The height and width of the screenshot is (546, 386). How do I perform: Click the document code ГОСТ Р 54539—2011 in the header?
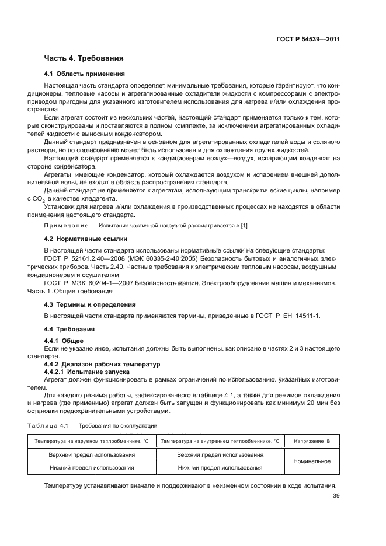(309, 40)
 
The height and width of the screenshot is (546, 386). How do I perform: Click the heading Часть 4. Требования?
(84, 58)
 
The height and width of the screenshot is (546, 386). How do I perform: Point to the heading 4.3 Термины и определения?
(90, 304)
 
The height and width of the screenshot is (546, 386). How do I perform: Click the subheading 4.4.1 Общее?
(64, 340)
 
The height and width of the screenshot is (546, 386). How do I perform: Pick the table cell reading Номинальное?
(312, 461)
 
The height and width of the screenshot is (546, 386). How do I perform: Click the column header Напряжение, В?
(312, 441)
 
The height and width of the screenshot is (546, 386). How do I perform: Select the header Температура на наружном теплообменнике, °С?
(92, 441)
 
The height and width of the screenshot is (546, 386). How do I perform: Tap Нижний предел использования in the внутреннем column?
(220, 467)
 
